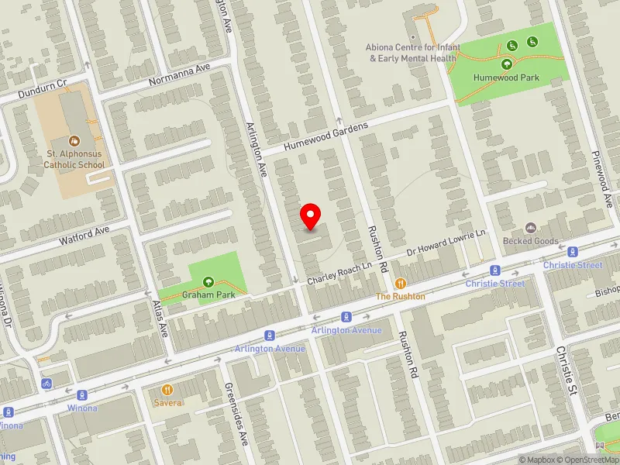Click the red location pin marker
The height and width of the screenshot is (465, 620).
(x=311, y=216)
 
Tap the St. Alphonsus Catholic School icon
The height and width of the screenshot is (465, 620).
(x=73, y=141)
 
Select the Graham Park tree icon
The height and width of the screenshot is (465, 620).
(x=208, y=282)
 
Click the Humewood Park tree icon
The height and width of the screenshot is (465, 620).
(x=507, y=64)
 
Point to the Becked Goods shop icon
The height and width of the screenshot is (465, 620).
(x=530, y=228)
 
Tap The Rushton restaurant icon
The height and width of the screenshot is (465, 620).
(x=401, y=284)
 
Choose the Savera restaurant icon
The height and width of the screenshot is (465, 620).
(x=166, y=390)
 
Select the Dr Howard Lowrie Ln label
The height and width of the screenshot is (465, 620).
(x=447, y=244)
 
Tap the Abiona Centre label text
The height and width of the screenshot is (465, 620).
(x=413, y=53)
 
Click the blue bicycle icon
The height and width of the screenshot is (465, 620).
(x=47, y=383)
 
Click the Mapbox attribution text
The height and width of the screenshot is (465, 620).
(x=536, y=460)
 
